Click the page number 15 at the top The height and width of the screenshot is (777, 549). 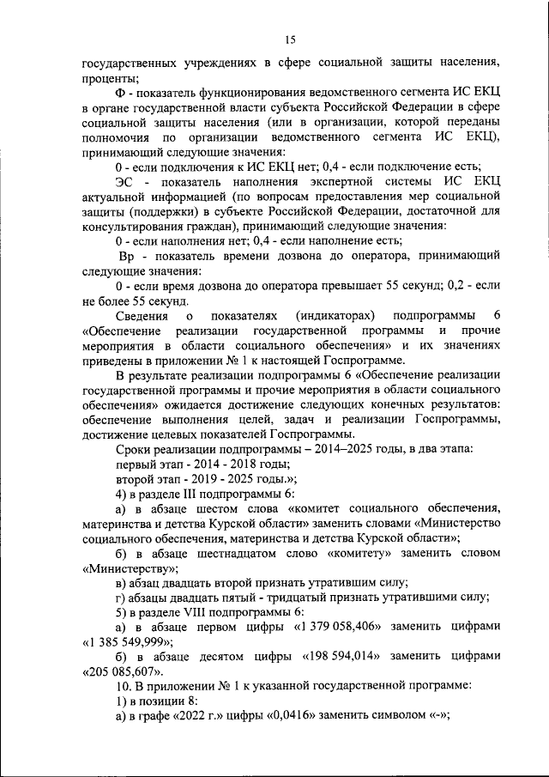point(290,38)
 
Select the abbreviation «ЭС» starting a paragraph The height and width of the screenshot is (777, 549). point(125,182)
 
